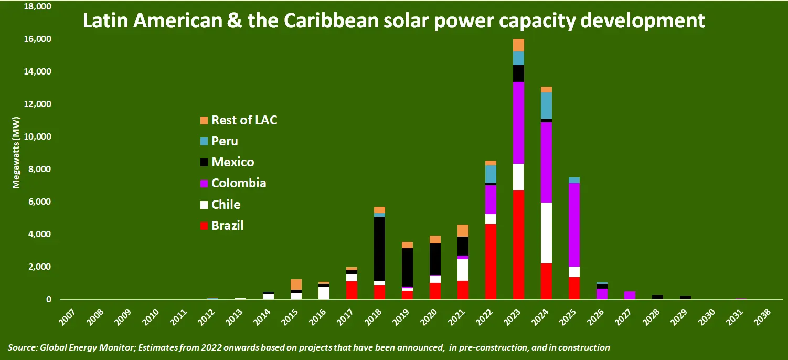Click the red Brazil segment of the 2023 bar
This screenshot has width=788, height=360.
[x=518, y=245]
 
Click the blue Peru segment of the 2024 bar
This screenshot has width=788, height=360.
[x=546, y=105]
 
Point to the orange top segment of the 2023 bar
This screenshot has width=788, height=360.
[x=518, y=45]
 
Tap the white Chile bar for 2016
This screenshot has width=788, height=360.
[x=324, y=292]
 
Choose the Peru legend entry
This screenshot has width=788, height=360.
[x=225, y=141]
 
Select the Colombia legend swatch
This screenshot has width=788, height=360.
[x=204, y=184]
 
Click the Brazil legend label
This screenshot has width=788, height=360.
[x=227, y=226]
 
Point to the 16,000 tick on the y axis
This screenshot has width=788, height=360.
[x=37, y=39]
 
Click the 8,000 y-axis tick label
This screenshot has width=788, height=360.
[x=39, y=170]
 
